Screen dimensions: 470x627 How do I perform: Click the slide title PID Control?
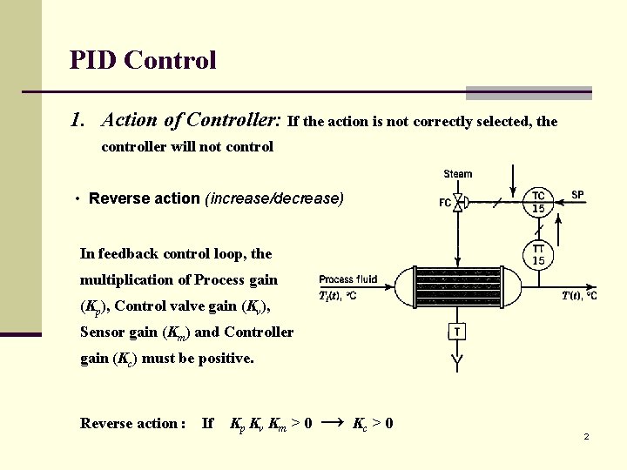coord(143,60)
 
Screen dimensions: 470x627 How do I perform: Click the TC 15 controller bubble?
coord(539,202)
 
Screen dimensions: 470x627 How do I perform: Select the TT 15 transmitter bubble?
coord(539,255)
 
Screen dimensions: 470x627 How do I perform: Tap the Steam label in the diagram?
coord(458,174)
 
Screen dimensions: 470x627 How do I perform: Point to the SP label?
coord(578,194)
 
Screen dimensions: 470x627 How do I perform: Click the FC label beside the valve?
coord(445,204)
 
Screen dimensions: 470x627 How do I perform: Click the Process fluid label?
coord(348,279)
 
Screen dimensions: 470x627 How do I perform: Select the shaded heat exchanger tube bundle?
coord(458,285)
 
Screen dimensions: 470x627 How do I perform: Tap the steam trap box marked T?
coord(458,332)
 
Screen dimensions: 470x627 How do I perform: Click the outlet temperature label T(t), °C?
coord(579,297)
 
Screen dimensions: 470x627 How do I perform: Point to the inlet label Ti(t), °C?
coord(338,296)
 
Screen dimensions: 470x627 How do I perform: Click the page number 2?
coord(586,436)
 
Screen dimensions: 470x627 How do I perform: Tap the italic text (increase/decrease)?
coord(274,198)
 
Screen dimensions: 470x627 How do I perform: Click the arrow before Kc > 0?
coord(333,423)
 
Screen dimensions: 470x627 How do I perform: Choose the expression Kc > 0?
coord(373,424)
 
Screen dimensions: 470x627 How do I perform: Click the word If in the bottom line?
coord(207,424)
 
